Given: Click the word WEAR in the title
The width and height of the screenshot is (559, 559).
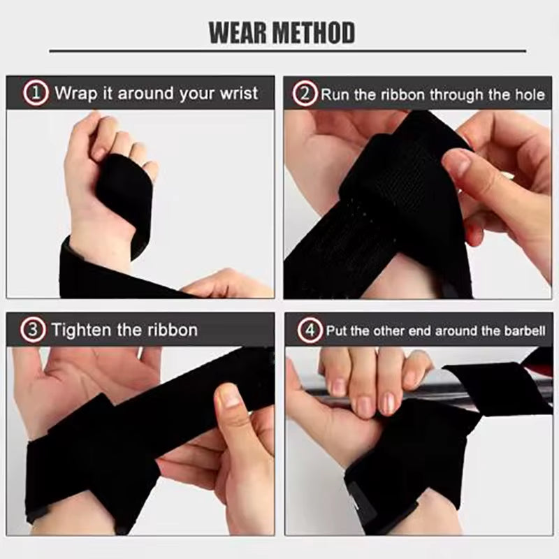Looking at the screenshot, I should click(240, 32).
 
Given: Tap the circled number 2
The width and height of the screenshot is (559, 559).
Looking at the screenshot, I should click(305, 94).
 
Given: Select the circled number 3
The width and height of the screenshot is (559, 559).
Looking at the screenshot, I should click(34, 330).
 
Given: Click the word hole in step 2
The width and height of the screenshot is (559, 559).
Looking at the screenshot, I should click(529, 94).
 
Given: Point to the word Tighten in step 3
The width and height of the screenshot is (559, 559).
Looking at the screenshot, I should click(84, 330).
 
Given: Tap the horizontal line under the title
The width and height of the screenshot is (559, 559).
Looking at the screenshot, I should click(287, 51).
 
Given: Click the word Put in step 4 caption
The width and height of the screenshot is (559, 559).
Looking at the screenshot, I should click(337, 331).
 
